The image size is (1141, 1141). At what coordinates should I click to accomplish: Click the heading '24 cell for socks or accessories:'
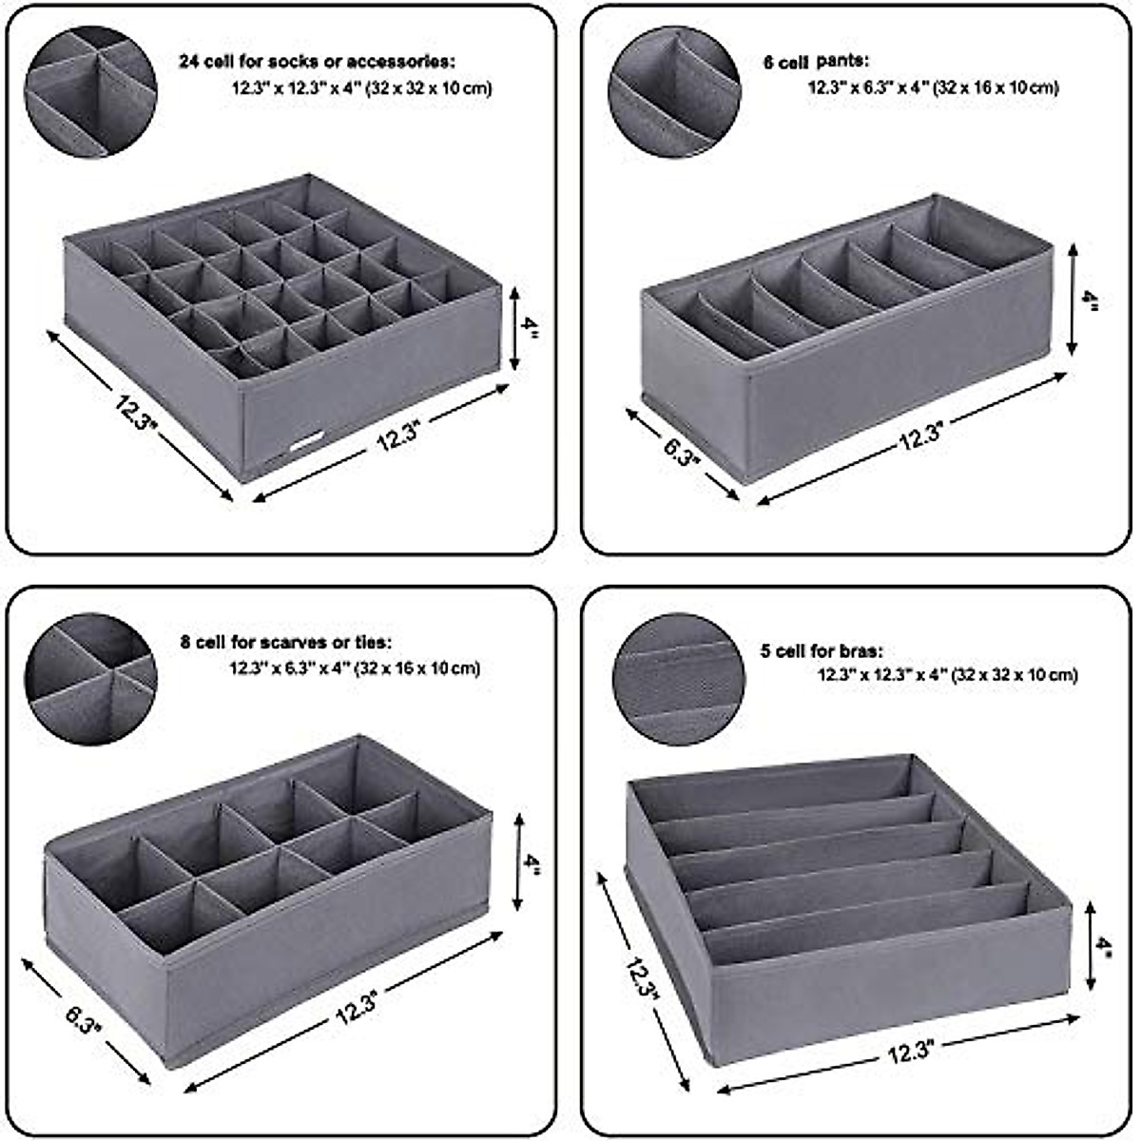(x=318, y=62)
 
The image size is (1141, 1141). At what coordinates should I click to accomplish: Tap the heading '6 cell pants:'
(x=815, y=62)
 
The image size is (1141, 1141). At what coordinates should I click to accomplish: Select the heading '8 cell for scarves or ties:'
(x=286, y=643)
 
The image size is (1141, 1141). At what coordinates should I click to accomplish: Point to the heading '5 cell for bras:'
(x=822, y=651)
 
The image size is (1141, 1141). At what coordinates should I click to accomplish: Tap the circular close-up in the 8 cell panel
(x=90, y=678)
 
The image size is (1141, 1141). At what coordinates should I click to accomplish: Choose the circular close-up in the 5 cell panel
(x=678, y=679)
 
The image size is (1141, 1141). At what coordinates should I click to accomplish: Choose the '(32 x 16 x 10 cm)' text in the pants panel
(x=996, y=87)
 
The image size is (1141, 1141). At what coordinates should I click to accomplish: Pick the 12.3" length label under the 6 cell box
(x=920, y=436)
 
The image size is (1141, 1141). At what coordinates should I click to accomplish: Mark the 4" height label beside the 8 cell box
(x=531, y=862)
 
